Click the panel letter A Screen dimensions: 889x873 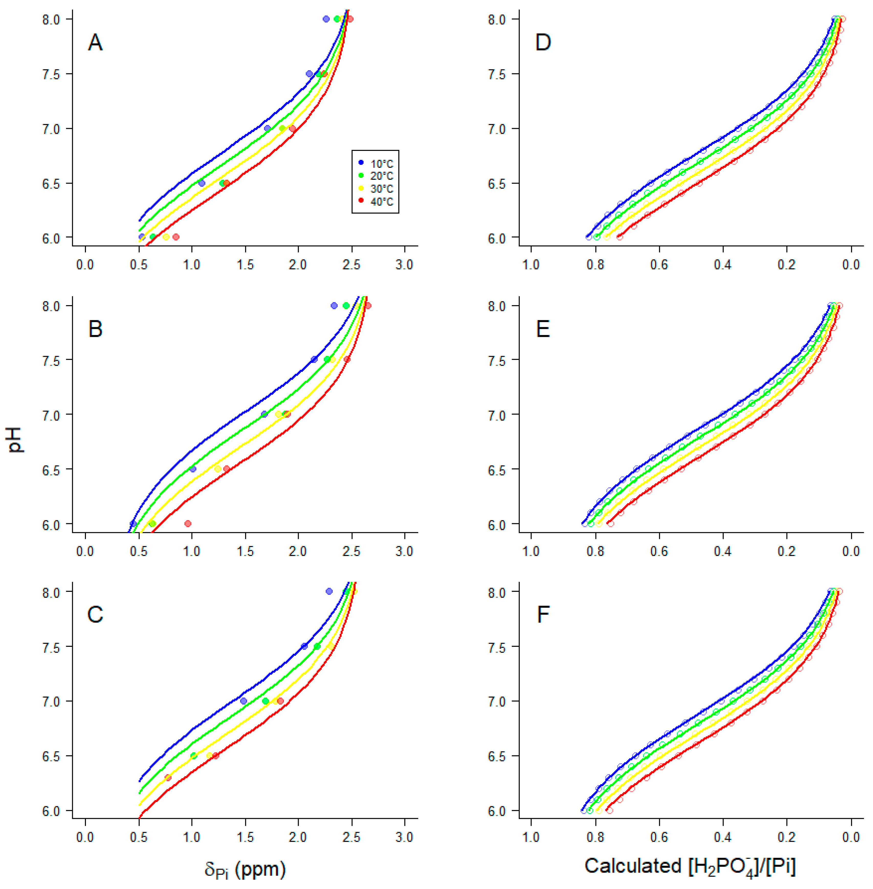click(95, 43)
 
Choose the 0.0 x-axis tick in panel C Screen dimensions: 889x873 click(85, 837)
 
